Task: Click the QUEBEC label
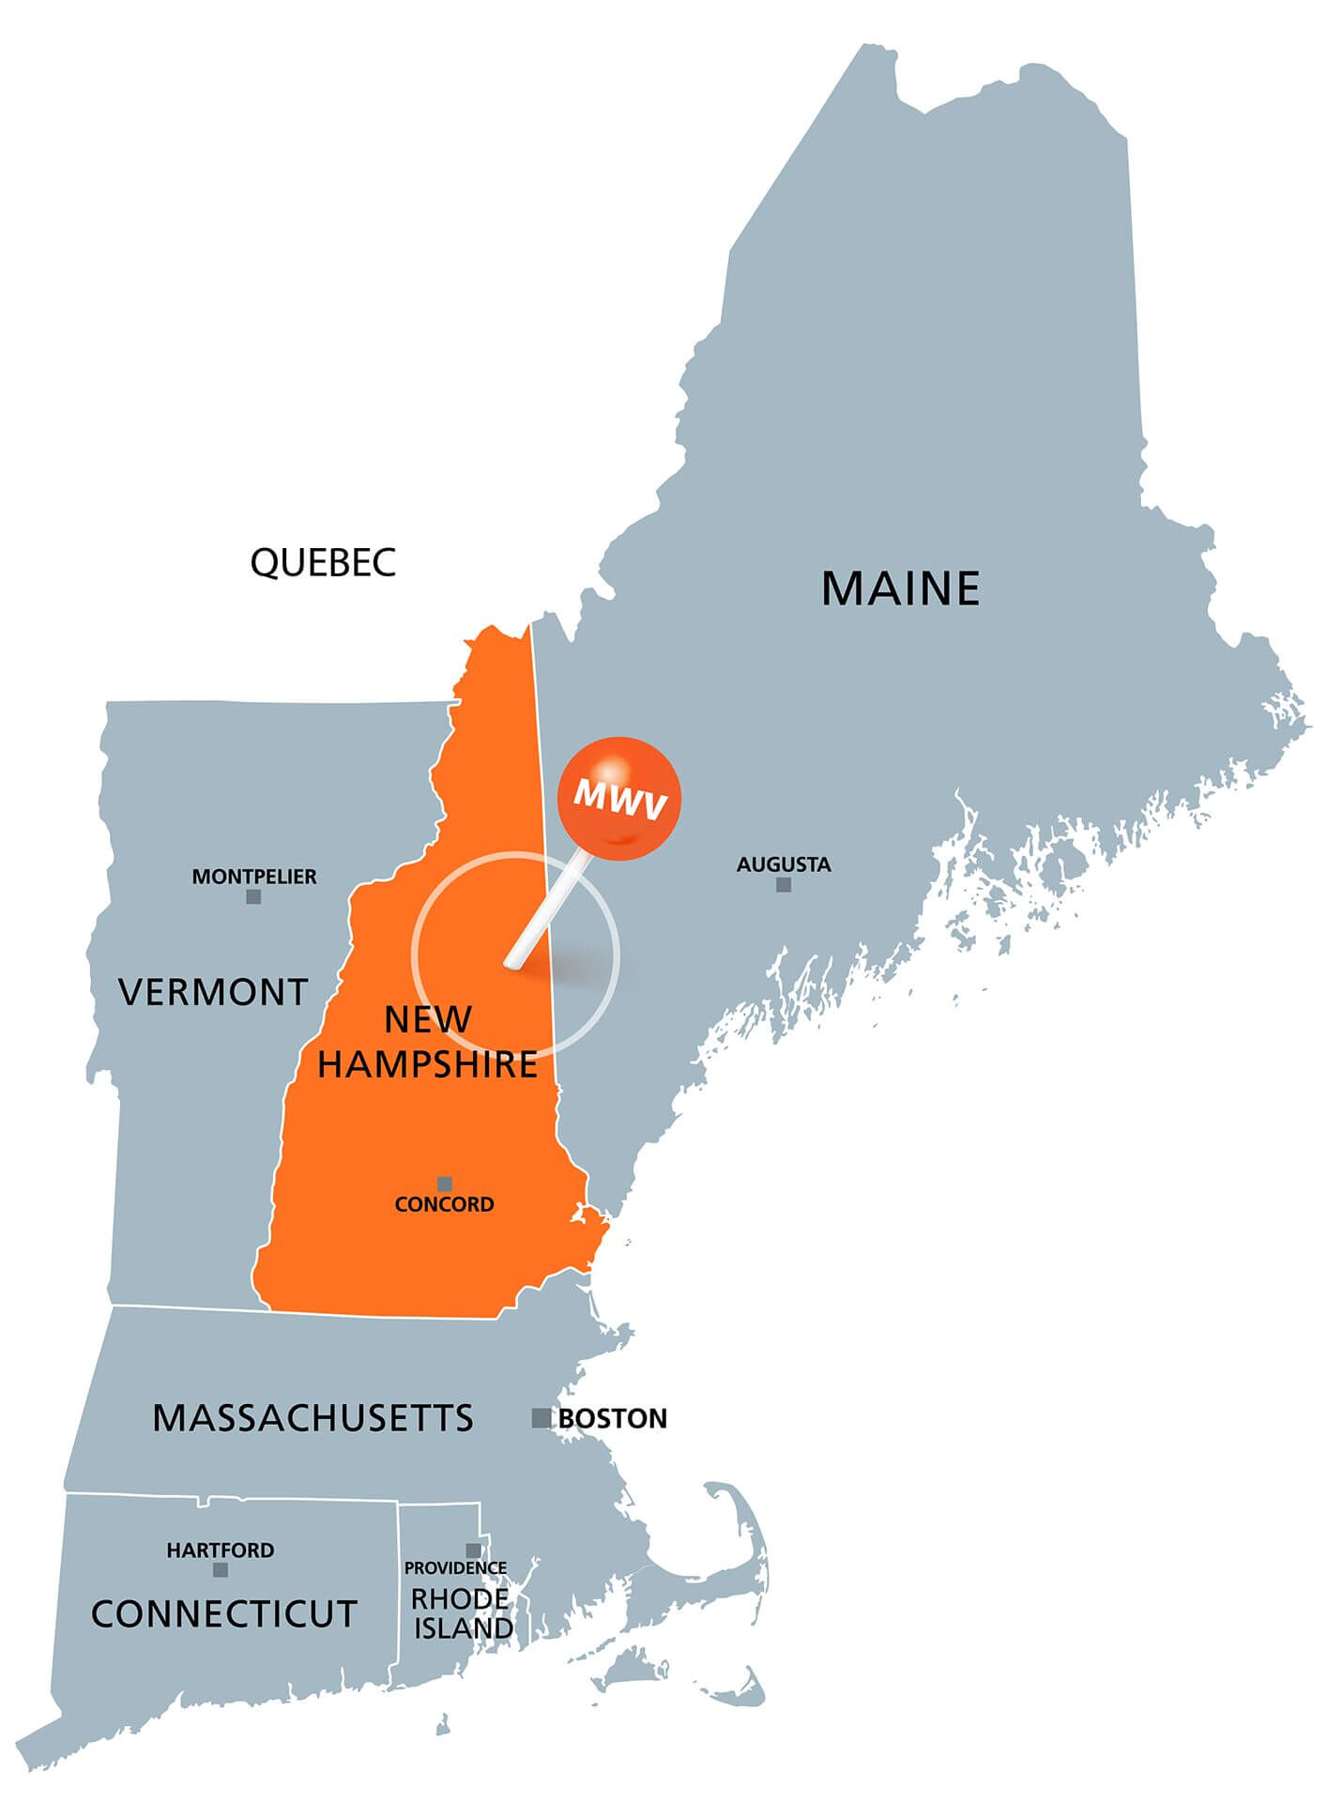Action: click(x=323, y=562)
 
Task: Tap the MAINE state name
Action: click(x=900, y=588)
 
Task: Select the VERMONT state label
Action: click(x=213, y=992)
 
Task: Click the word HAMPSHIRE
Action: click(x=427, y=1064)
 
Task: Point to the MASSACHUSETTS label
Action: click(x=313, y=1417)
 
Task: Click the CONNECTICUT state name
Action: click(x=224, y=1614)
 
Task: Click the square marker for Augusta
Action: click(x=784, y=884)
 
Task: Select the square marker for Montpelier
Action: click(x=253, y=896)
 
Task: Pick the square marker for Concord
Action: click(x=445, y=1184)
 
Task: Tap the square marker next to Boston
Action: click(x=541, y=1417)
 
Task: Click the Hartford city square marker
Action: click(x=221, y=1569)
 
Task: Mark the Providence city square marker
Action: click(x=474, y=1550)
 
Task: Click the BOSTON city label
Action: click(x=613, y=1418)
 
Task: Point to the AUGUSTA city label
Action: click(x=784, y=864)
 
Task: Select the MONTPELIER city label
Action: click(x=254, y=877)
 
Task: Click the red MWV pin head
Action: click(x=618, y=799)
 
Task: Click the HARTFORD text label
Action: click(x=221, y=1550)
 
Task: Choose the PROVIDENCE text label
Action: click(x=455, y=1568)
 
